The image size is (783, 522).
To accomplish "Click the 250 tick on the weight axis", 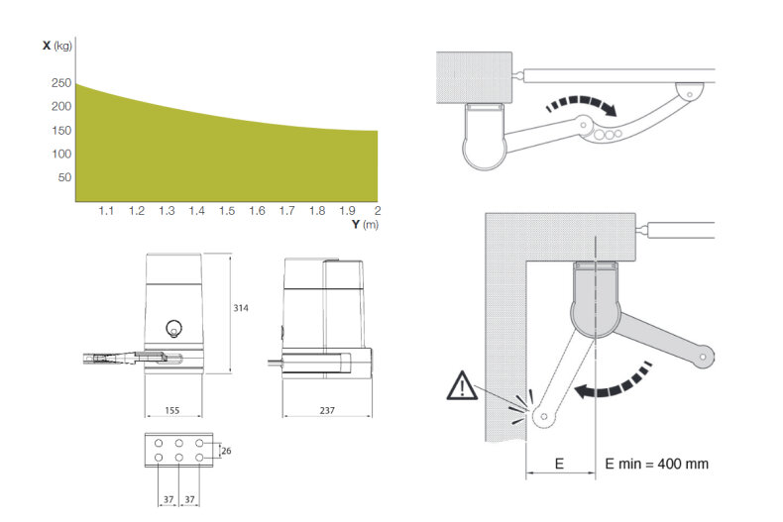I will (61, 83).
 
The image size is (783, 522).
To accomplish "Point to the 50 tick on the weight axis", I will (64, 177).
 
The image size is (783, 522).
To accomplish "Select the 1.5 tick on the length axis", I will (227, 211).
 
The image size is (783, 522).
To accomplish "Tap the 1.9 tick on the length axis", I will (347, 211).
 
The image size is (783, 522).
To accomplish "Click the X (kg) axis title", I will (56, 47).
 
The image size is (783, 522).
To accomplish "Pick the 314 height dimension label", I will (241, 309).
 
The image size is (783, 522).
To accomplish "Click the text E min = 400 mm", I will (656, 464).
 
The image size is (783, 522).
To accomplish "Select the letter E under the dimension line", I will (560, 464).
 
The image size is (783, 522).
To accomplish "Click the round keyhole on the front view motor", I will (174, 328).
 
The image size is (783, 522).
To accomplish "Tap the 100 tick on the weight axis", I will (61, 154).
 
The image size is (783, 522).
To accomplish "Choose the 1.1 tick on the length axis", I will (106, 211).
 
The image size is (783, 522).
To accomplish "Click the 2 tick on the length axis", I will (378, 211).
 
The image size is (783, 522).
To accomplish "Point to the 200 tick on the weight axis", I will (61, 107).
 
